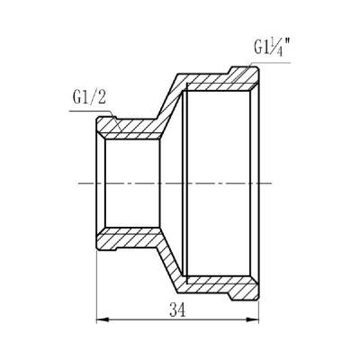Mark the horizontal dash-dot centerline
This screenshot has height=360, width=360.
tap(180, 184)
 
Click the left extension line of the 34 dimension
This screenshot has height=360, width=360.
tap(96, 288)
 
